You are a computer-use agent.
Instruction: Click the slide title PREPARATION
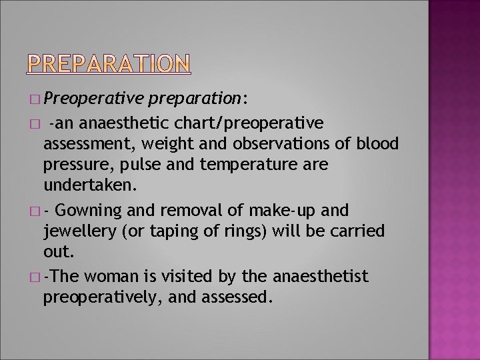(109, 63)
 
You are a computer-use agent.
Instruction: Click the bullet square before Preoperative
(35, 100)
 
